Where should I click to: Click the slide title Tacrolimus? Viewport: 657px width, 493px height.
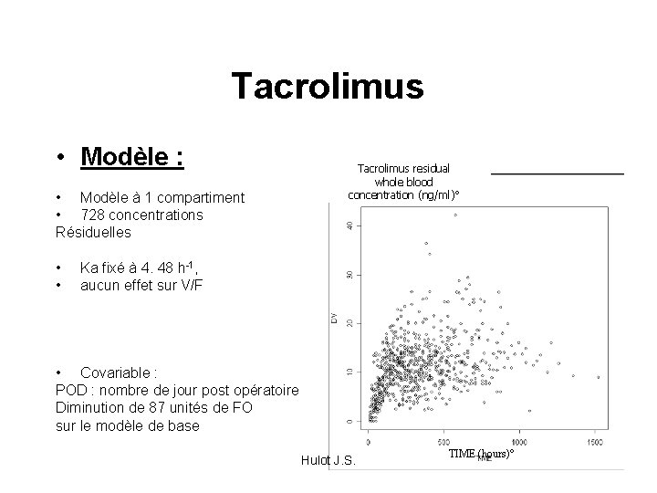click(x=328, y=86)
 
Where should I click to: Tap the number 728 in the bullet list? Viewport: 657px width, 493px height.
click(x=94, y=215)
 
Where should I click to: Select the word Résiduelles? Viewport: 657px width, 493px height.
click(x=94, y=232)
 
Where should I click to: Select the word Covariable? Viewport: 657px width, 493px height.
click(x=118, y=372)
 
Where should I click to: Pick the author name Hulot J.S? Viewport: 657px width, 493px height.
click(x=328, y=459)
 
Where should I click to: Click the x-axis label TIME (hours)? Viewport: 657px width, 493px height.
click(x=481, y=454)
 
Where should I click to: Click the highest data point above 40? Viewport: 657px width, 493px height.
click(x=454, y=215)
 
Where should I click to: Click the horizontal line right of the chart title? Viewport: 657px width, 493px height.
click(x=557, y=173)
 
